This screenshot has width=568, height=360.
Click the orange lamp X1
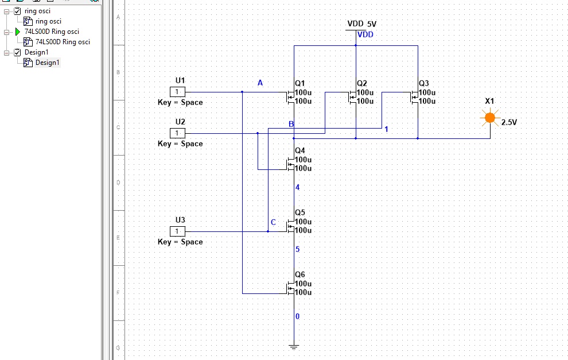point(489,118)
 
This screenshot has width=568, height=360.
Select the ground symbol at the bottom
point(294,346)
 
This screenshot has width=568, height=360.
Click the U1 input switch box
point(177,92)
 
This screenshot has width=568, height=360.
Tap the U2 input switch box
point(177,133)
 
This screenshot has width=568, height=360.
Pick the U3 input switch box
point(177,231)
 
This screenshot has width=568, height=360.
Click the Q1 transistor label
point(300,83)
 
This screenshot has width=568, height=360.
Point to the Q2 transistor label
point(362,83)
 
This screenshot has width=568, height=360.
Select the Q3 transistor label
point(424,83)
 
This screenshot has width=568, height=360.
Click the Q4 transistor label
point(300,150)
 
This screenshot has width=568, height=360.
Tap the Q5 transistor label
point(300,212)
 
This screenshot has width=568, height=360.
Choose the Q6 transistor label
point(300,274)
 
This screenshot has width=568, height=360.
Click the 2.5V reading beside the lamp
point(509,123)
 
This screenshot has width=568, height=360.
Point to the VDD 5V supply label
point(362,24)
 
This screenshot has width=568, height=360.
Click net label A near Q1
point(260,83)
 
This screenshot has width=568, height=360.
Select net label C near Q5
point(273,222)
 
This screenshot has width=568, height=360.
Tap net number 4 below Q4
point(297,187)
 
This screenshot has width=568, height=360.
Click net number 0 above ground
point(297,316)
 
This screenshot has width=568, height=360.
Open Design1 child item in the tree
point(48,63)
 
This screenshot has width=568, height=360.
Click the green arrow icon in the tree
point(17,32)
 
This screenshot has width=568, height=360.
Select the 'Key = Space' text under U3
point(180,242)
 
